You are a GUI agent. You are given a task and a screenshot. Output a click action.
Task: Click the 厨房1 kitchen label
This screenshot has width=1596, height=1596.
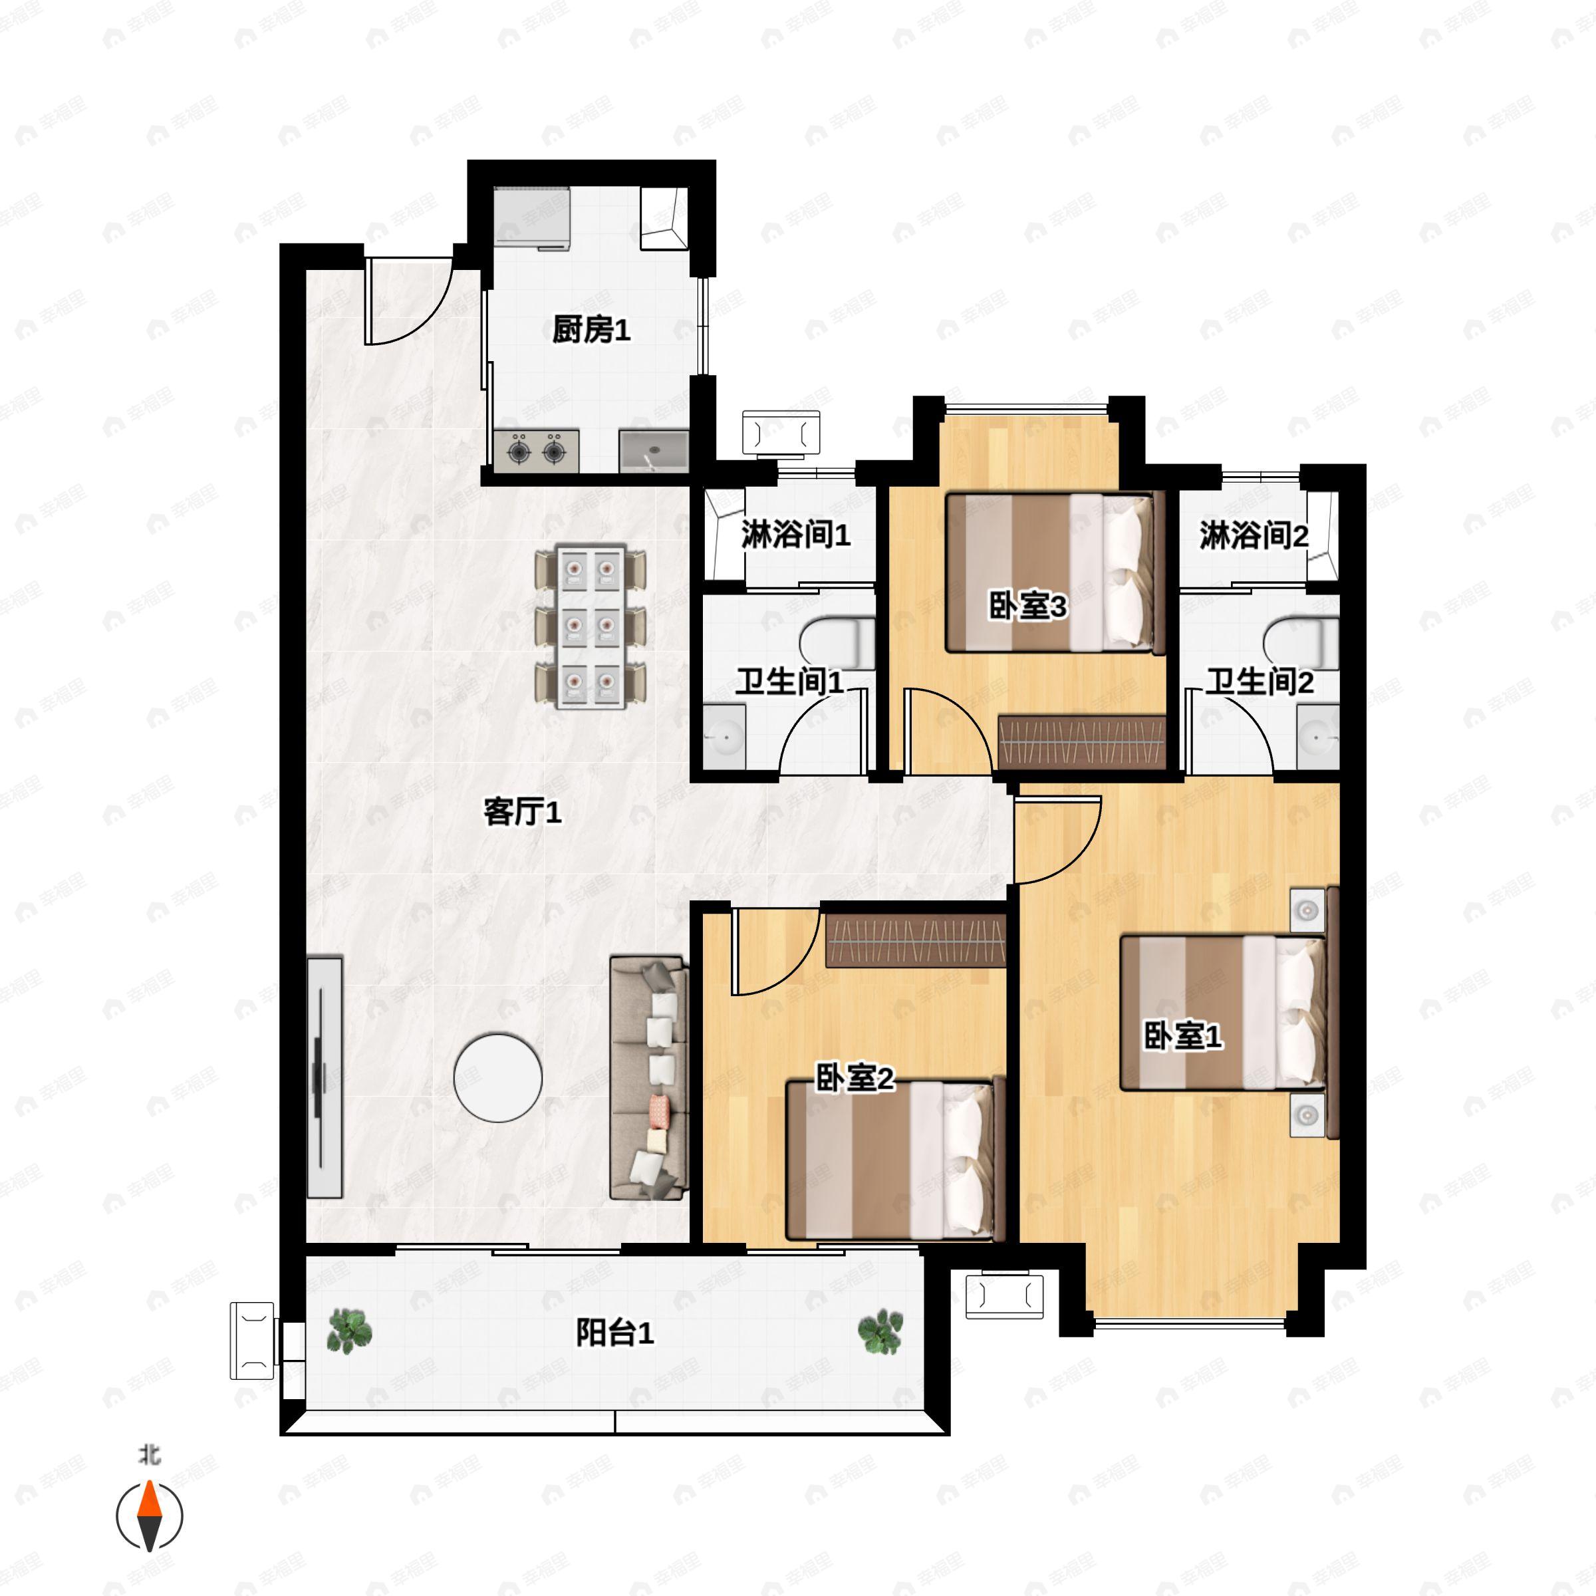click(x=591, y=331)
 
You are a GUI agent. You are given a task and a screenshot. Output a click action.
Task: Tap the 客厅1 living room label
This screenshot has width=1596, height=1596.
click(x=523, y=813)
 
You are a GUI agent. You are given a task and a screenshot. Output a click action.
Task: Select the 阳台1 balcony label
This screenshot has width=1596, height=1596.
click(x=614, y=1333)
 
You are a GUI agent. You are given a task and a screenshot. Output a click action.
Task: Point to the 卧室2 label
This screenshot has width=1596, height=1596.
click(x=855, y=1078)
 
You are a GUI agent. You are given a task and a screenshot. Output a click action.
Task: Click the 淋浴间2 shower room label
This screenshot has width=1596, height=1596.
click(x=1254, y=537)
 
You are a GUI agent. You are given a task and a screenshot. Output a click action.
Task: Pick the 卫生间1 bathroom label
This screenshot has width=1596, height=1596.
click(x=790, y=682)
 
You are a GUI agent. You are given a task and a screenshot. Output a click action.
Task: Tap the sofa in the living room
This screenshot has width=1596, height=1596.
click(x=649, y=1078)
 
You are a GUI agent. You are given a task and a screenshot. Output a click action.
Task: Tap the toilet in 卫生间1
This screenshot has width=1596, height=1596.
click(x=838, y=642)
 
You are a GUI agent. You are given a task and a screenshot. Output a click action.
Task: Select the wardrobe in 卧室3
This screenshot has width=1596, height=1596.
click(x=1081, y=742)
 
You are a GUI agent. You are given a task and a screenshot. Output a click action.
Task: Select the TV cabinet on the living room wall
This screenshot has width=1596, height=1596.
click(x=325, y=1077)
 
